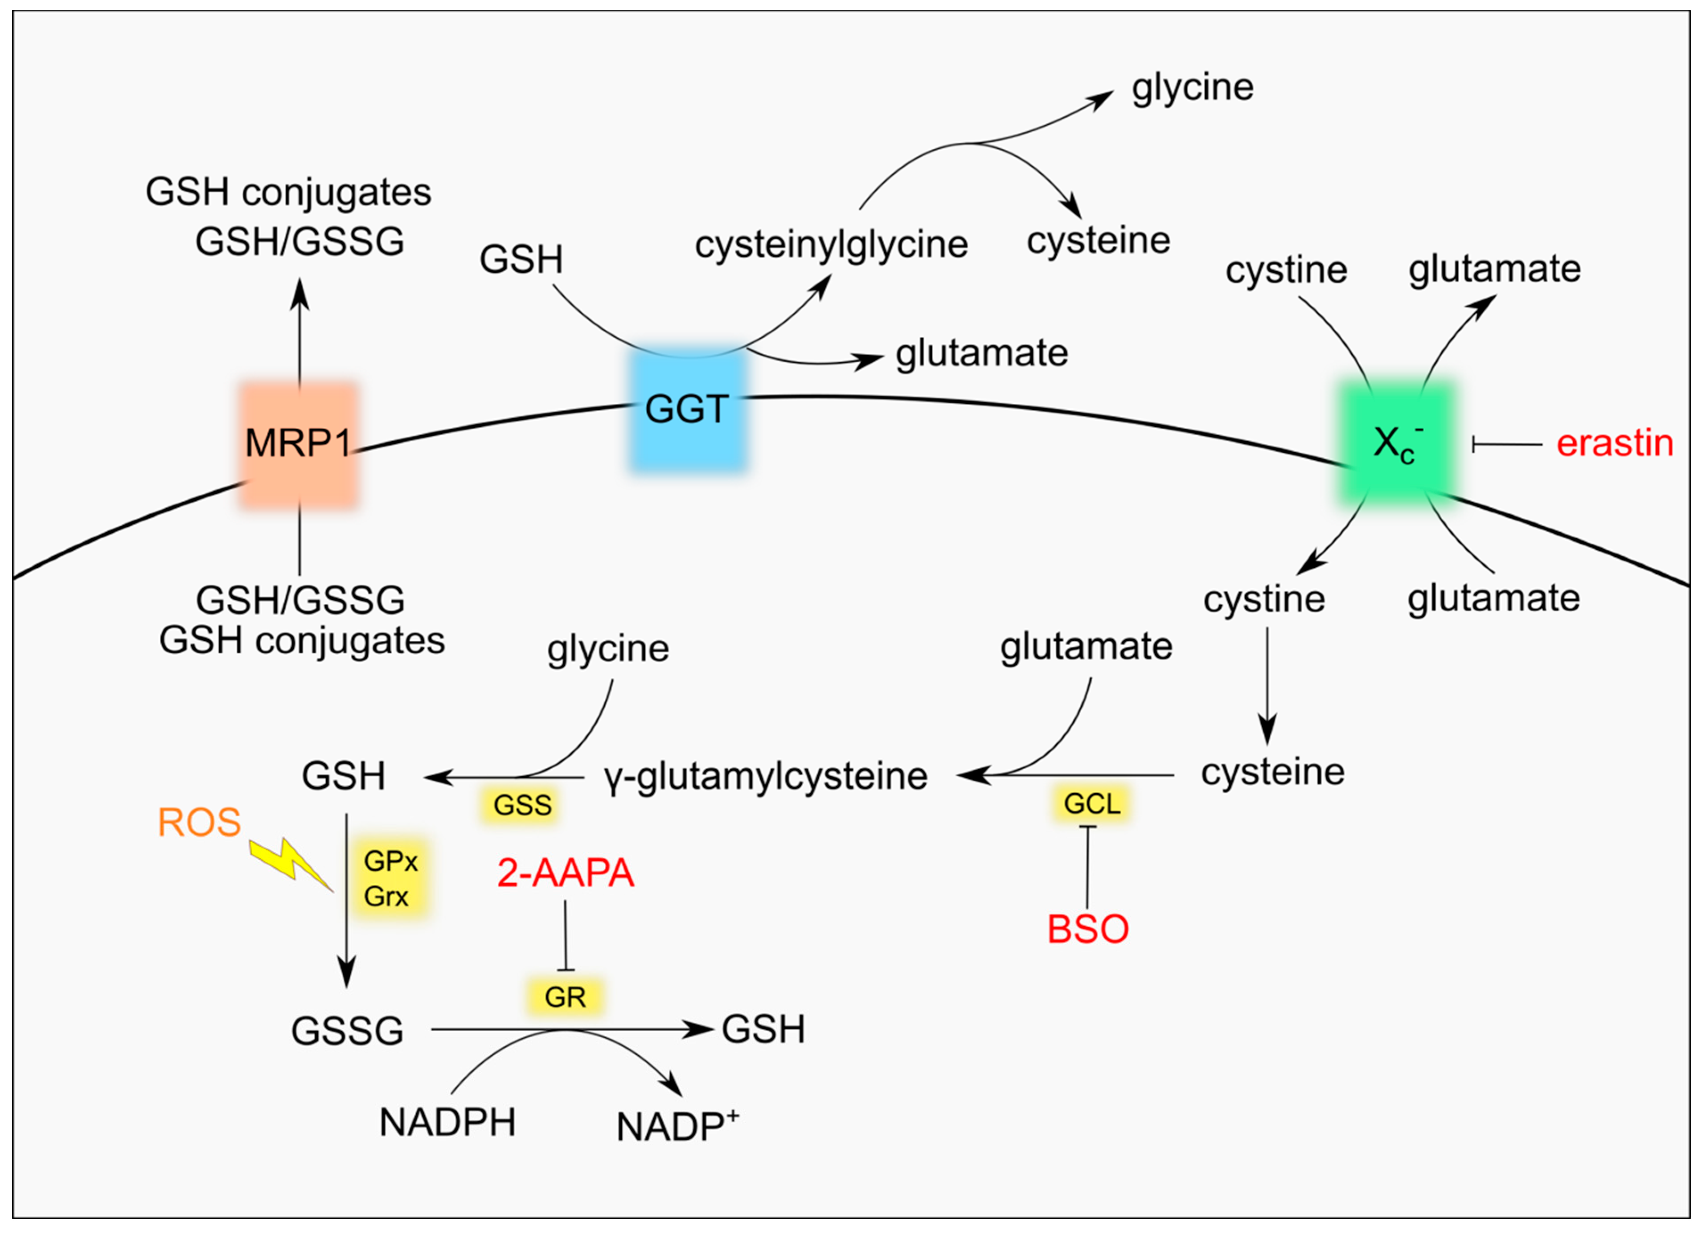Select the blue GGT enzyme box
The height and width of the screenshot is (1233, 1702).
(x=687, y=411)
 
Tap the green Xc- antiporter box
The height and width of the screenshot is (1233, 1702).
(x=1396, y=443)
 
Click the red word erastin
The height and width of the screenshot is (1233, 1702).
(x=1614, y=443)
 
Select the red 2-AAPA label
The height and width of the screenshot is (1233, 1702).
(x=565, y=873)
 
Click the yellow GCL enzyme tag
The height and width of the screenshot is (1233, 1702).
(x=1092, y=804)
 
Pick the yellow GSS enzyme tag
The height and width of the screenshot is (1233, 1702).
(x=522, y=805)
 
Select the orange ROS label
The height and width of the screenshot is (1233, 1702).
(x=199, y=823)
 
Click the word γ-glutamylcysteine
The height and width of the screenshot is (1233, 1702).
(x=766, y=776)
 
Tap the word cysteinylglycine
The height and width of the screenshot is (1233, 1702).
(x=831, y=245)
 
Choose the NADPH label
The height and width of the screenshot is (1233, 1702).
(x=447, y=1122)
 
